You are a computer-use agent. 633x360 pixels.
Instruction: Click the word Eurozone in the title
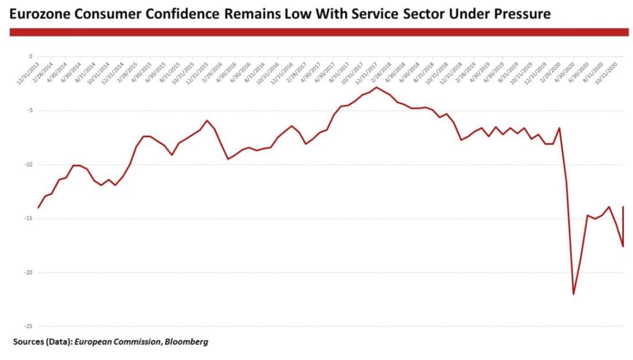coord(39,14)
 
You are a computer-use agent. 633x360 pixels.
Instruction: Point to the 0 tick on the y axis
coord(30,56)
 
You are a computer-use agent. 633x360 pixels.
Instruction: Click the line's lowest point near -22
coord(573,294)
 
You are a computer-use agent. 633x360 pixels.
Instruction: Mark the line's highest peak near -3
coord(376,87)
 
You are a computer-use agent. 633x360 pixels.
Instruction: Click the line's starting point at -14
coord(39,208)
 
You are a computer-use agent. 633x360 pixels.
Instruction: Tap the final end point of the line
coord(623,207)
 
